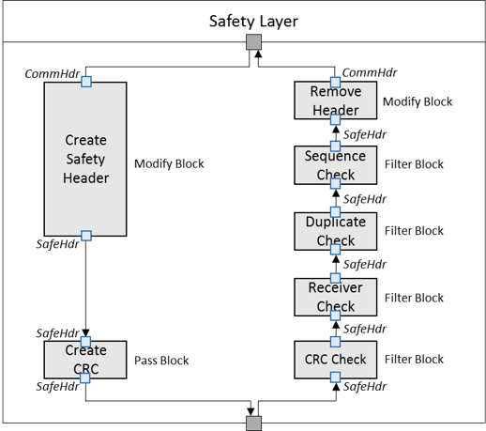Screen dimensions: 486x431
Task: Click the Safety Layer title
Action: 253,22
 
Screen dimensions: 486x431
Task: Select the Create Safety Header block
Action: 85,159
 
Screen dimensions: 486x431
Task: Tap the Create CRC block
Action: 85,360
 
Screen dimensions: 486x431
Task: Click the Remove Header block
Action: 335,100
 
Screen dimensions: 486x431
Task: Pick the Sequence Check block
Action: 335,165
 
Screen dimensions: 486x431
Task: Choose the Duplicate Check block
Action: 335,231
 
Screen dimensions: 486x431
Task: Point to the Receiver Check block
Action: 335,297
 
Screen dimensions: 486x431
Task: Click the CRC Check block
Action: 335,360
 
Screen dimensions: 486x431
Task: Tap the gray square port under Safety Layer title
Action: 253,42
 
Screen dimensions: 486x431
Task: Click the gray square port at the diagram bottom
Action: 253,423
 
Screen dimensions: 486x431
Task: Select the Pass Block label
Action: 161,361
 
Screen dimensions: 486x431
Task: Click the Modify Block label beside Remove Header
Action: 418,101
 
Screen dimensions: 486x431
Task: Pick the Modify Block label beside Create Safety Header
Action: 169,163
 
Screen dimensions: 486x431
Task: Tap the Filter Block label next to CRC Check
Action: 414,360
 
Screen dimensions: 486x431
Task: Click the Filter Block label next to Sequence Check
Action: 414,164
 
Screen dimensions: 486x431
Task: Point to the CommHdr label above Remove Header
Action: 370,72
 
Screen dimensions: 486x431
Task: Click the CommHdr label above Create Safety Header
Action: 53,74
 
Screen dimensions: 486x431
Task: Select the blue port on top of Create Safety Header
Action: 86,82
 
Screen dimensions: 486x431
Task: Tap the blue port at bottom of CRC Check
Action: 336,377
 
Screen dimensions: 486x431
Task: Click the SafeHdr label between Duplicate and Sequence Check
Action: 365,199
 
